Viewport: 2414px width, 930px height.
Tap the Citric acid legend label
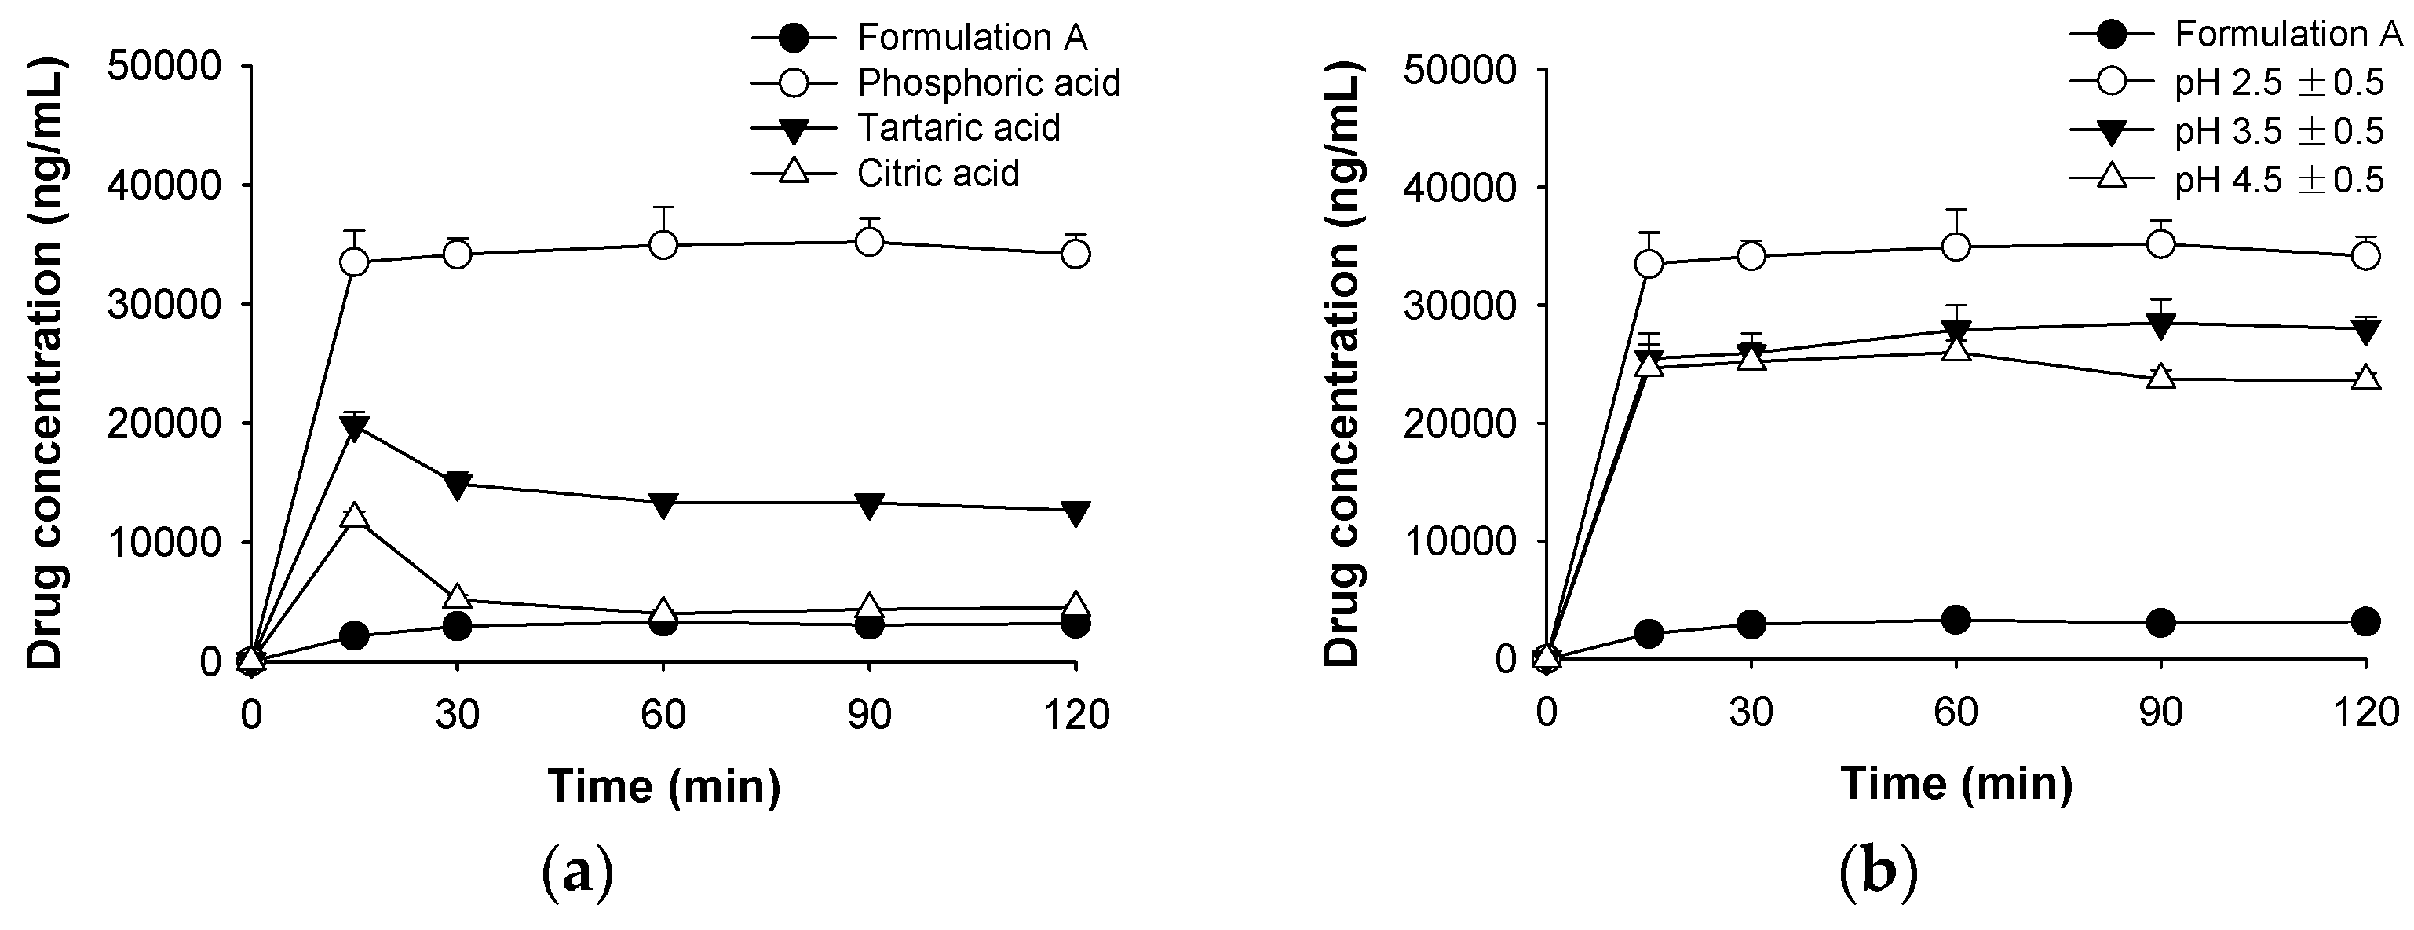click(938, 174)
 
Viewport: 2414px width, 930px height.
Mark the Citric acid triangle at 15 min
click(354, 515)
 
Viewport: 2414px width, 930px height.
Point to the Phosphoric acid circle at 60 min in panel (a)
click(663, 246)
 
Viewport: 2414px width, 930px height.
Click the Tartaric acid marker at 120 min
click(1076, 512)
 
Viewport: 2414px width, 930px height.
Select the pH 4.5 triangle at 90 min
click(2161, 377)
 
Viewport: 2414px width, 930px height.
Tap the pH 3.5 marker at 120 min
click(2366, 330)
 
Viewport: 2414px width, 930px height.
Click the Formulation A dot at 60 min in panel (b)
click(1956, 620)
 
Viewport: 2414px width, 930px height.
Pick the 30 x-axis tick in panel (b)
click(1751, 713)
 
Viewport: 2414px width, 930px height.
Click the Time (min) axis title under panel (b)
click(1956, 783)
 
